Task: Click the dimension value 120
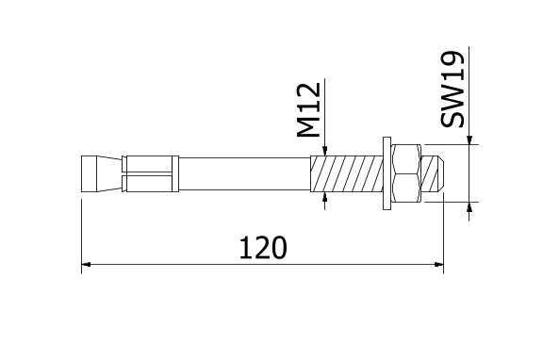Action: [x=262, y=248]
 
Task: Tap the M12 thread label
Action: [x=310, y=110]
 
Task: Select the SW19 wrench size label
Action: [x=455, y=90]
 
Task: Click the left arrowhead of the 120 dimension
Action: [x=87, y=265]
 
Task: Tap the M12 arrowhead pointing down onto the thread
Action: [x=323, y=152]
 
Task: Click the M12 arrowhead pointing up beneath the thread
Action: [x=323, y=196]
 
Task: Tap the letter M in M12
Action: [x=310, y=126]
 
